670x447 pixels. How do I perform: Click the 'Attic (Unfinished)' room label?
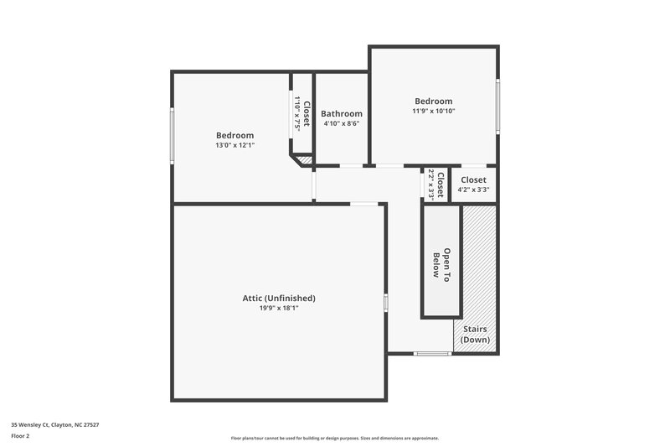pyautogui.click(x=279, y=298)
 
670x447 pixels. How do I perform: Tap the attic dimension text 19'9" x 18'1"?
pyautogui.click(x=279, y=308)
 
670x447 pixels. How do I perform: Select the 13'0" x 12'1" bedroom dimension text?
pyautogui.click(x=234, y=145)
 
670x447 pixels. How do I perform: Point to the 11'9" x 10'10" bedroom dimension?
pyautogui.click(x=433, y=111)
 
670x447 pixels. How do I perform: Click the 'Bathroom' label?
pyautogui.click(x=342, y=114)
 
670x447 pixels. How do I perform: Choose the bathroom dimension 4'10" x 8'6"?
pyautogui.click(x=342, y=124)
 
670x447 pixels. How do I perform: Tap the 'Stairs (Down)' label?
pyautogui.click(x=475, y=334)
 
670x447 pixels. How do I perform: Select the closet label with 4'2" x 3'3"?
pyautogui.click(x=473, y=179)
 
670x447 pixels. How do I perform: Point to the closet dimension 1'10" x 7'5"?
pyautogui.click(x=296, y=113)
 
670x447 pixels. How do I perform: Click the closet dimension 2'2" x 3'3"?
pyautogui.click(x=430, y=184)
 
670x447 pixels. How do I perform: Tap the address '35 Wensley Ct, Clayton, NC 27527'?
pyautogui.click(x=55, y=425)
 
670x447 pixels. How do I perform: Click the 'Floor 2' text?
pyautogui.click(x=20, y=436)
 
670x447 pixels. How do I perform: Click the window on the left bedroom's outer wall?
pyautogui.click(x=173, y=136)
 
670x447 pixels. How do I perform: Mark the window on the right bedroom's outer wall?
pyautogui.click(x=497, y=106)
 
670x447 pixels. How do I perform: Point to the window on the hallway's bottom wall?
pyautogui.click(x=432, y=353)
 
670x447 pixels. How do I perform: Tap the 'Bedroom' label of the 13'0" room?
pyautogui.click(x=234, y=135)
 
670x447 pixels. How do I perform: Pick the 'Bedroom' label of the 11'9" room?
pyautogui.click(x=433, y=101)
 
